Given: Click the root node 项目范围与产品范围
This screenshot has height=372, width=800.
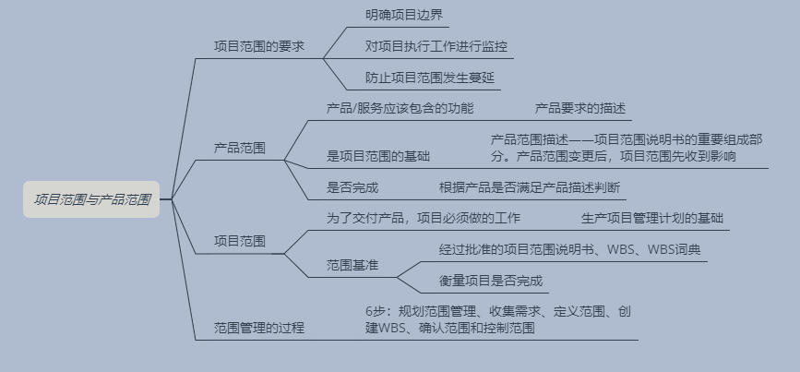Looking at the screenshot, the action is [x=92, y=198].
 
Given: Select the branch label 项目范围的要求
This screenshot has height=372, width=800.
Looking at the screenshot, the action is [x=258, y=44].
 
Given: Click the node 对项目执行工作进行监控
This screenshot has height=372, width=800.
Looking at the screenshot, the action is [x=436, y=45].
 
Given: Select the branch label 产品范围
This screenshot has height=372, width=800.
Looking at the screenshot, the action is [x=240, y=147].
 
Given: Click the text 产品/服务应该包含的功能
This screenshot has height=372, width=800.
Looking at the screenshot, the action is [x=400, y=108].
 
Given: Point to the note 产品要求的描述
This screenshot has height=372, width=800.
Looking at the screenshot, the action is [x=580, y=108].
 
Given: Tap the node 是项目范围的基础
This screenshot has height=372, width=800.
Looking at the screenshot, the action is [x=378, y=156].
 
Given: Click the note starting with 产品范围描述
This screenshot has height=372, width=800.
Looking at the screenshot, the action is [x=627, y=148].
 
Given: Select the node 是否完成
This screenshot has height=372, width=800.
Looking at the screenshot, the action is [x=352, y=187].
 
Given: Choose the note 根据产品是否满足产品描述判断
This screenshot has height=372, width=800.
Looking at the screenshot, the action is [x=529, y=187].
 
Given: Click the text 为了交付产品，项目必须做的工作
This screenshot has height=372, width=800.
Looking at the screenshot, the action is [x=424, y=219].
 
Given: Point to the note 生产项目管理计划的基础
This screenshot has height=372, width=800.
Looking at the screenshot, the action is [x=652, y=219].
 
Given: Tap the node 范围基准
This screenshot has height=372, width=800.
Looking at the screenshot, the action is [x=352, y=265].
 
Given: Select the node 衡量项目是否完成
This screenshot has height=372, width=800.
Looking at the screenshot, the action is [x=490, y=281].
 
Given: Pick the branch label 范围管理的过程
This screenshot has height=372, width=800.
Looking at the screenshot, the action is [x=258, y=328].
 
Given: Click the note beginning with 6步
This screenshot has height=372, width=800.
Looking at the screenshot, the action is [x=498, y=319].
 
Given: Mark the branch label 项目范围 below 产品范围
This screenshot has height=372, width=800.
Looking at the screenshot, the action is [x=240, y=241].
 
